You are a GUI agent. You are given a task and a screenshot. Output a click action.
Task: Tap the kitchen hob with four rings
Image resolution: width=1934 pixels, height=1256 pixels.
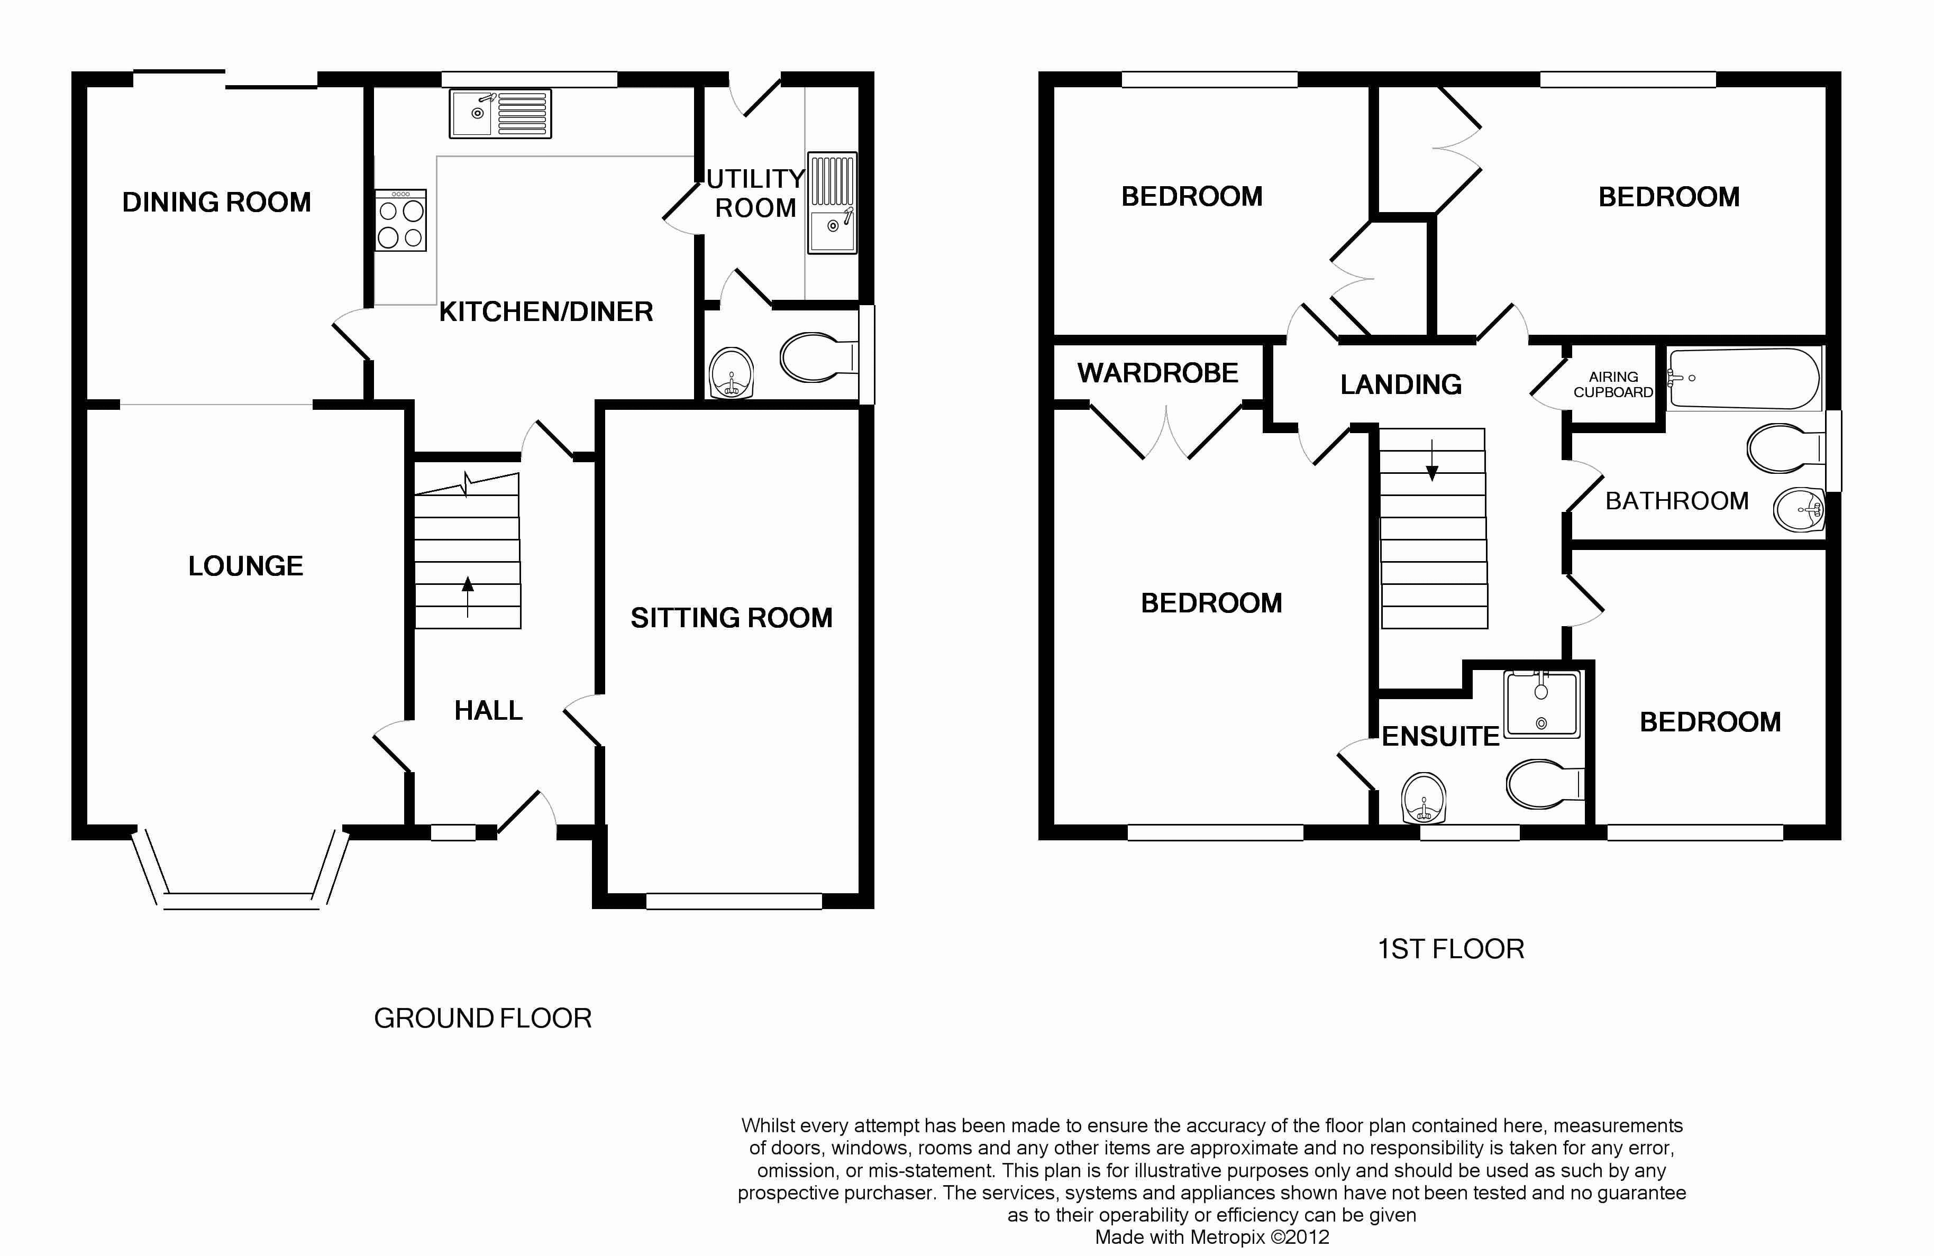pyautogui.click(x=400, y=220)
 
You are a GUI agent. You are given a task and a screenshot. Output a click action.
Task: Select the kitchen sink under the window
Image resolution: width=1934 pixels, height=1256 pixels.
pyautogui.click(x=500, y=113)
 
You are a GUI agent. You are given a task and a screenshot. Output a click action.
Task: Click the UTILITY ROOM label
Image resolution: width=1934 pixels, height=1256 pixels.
pyautogui.click(x=756, y=194)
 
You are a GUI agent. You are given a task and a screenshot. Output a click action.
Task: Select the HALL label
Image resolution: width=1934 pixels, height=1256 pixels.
pyautogui.click(x=488, y=711)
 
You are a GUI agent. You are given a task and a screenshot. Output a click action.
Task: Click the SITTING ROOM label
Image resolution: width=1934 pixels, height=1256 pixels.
pyautogui.click(x=732, y=618)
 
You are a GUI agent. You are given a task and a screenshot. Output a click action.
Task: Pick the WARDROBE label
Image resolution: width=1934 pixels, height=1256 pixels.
pyautogui.click(x=1158, y=373)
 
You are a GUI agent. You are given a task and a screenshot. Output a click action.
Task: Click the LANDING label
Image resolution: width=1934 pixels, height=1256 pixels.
pyautogui.click(x=1401, y=384)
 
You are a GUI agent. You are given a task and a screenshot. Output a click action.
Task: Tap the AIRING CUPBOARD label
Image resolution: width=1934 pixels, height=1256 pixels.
pyautogui.click(x=1613, y=384)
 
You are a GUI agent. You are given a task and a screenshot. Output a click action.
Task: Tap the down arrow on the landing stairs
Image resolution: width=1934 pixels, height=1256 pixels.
pyautogui.click(x=1432, y=460)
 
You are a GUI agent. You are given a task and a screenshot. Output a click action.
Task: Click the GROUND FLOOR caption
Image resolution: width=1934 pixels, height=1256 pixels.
pyautogui.click(x=482, y=1018)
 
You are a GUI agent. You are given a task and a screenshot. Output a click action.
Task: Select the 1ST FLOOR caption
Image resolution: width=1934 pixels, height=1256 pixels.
pyautogui.click(x=1452, y=949)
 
